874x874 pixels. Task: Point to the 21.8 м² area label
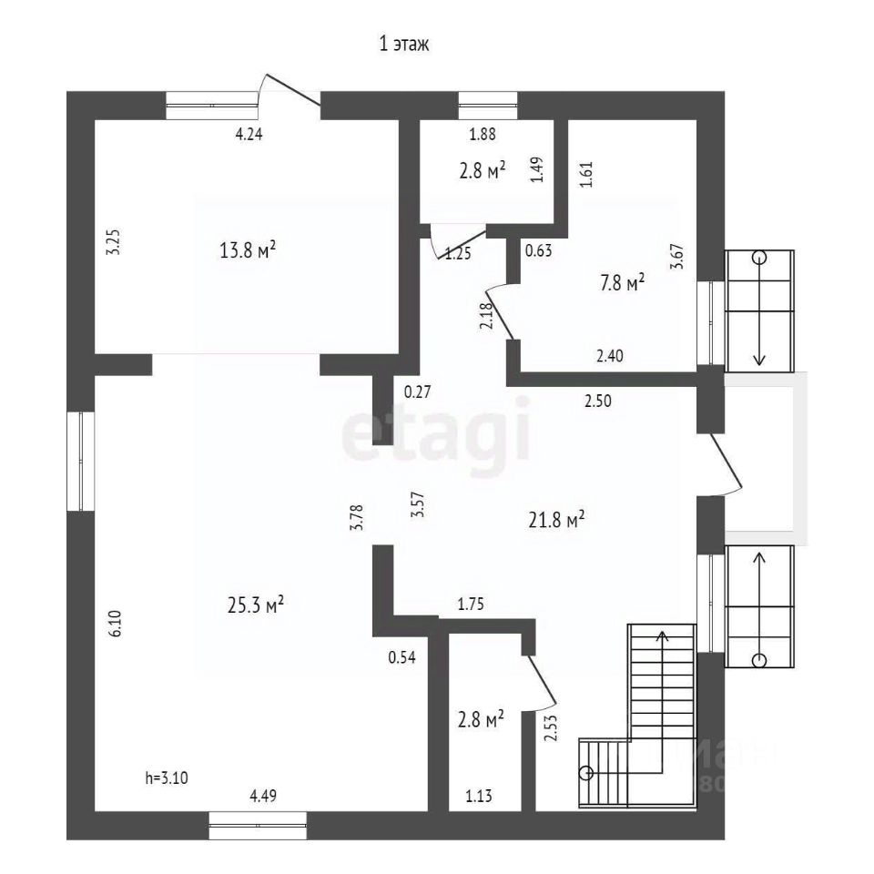(x=555, y=520)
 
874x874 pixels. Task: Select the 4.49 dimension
(x=263, y=797)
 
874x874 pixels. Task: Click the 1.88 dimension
(x=483, y=136)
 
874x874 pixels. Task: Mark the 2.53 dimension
(x=550, y=728)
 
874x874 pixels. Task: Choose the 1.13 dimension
(x=480, y=798)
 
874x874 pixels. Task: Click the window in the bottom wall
(x=258, y=825)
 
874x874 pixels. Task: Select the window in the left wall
(x=80, y=460)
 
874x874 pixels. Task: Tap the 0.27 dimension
(x=417, y=392)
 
